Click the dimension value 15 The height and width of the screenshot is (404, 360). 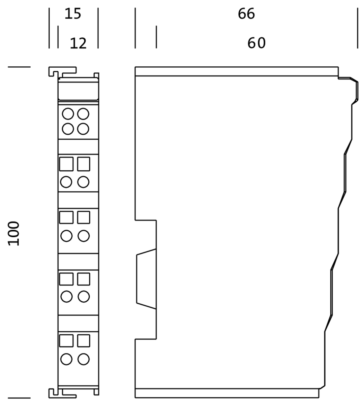(x=73, y=13)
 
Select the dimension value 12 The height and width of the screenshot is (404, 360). (x=78, y=43)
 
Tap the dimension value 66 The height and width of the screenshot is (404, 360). (x=246, y=13)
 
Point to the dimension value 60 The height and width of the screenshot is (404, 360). (x=257, y=43)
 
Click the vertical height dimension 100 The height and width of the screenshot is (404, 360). (x=13, y=233)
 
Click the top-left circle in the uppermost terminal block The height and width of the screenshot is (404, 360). (x=68, y=114)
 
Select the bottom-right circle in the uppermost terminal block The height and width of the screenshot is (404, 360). (x=83, y=129)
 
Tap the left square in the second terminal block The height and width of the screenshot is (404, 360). (x=66, y=164)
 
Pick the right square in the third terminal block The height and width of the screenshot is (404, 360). (x=84, y=217)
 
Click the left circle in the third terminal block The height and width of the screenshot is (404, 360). (x=66, y=236)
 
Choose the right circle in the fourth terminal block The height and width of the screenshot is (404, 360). (x=84, y=297)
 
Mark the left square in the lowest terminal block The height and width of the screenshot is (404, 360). (x=66, y=341)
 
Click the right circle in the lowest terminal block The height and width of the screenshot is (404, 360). (x=84, y=359)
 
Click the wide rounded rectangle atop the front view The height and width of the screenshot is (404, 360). (x=78, y=89)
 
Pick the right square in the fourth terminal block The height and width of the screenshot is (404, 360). (x=84, y=279)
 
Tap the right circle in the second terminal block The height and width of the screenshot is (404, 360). (x=83, y=182)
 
